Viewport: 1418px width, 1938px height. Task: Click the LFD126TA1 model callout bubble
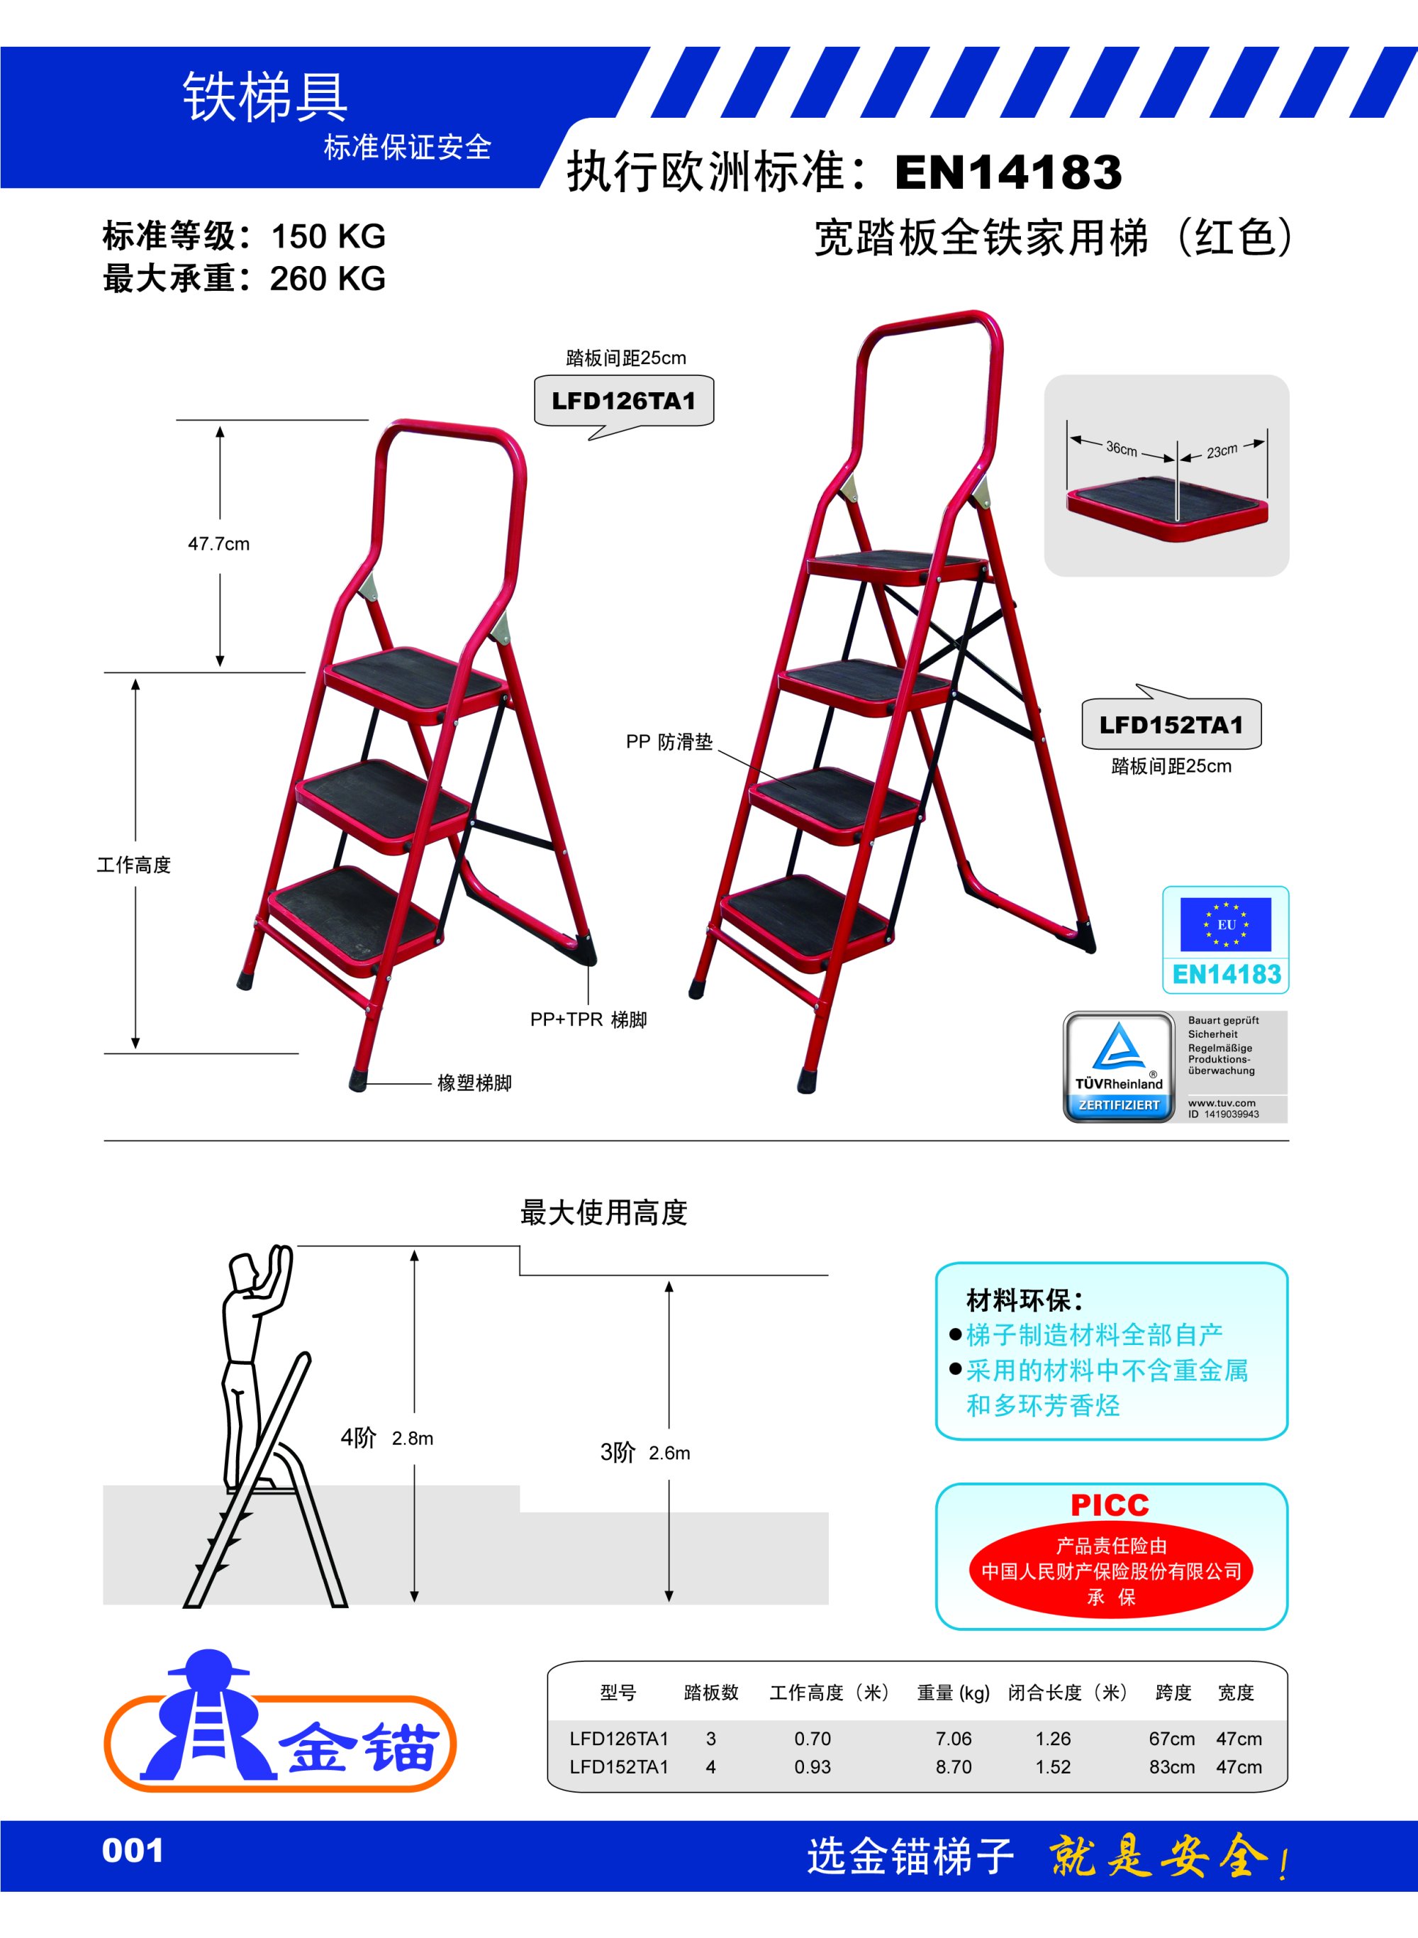click(623, 401)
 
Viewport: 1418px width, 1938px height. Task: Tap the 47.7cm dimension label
click(219, 543)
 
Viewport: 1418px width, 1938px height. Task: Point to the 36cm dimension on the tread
click(1121, 448)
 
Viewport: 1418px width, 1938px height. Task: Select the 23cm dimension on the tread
click(1222, 450)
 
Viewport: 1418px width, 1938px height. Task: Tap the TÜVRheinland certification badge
click(1118, 1066)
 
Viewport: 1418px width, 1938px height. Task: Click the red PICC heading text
click(1110, 1505)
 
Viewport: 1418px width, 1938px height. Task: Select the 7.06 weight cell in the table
click(953, 1739)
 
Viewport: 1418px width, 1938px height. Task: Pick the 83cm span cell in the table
click(1172, 1767)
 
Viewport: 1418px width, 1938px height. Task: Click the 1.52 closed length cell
click(1052, 1767)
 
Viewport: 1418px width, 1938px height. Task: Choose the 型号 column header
click(618, 1693)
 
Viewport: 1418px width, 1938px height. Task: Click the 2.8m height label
click(412, 1439)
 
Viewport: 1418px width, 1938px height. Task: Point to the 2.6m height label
click(669, 1453)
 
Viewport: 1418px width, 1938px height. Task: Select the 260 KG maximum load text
click(327, 279)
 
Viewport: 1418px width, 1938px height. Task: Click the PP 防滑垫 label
click(669, 742)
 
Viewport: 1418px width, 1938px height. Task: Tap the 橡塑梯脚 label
click(474, 1082)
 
